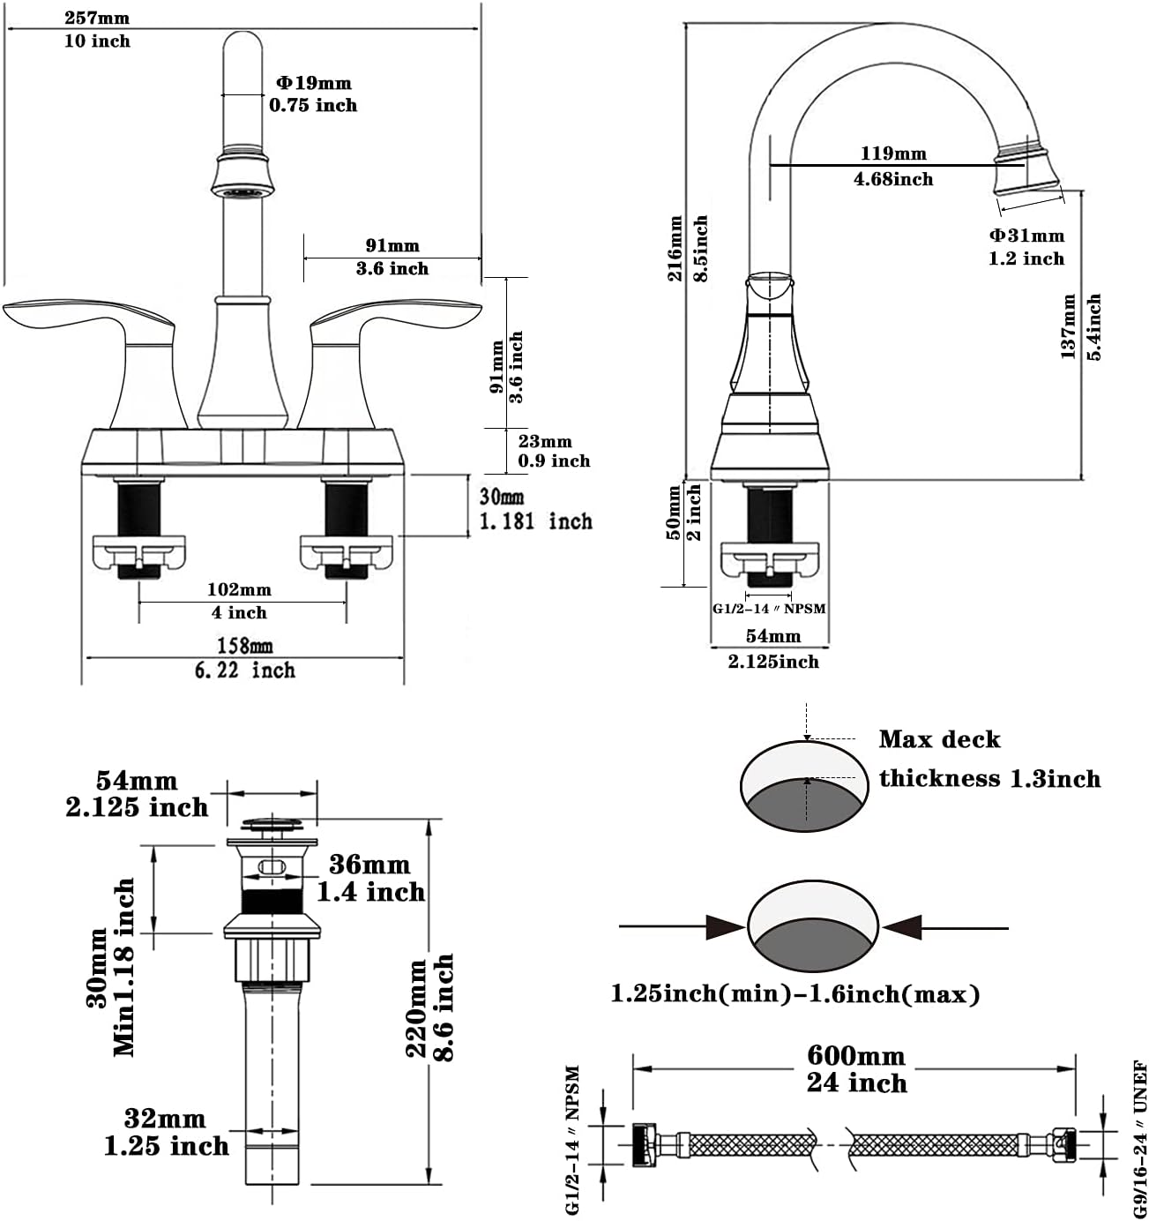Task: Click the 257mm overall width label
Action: click(97, 18)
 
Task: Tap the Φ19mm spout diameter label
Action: click(314, 83)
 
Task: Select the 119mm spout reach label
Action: click(892, 154)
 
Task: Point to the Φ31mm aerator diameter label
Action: click(1026, 236)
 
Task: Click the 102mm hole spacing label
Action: click(239, 589)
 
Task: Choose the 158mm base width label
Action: click(244, 646)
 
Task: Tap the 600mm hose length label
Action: click(855, 1056)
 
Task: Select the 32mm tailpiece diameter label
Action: click(165, 1119)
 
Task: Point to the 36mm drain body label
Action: click(369, 865)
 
